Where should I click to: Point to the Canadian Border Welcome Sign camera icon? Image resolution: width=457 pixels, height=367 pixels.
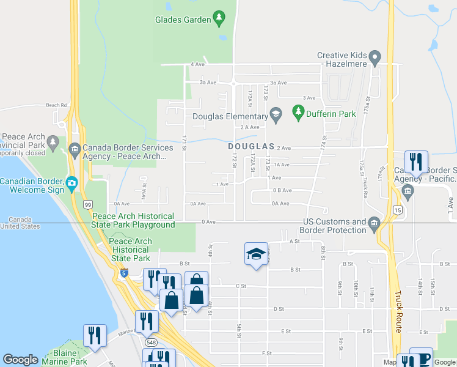[x=72, y=182]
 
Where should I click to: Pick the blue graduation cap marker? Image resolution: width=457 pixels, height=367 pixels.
[x=256, y=254]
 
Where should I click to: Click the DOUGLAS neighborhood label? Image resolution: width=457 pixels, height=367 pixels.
[x=251, y=147]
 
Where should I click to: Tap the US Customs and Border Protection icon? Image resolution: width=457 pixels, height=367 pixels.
[x=373, y=225]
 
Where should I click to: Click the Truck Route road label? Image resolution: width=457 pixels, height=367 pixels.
[x=398, y=311]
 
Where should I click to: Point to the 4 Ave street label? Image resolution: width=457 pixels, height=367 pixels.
[x=197, y=64]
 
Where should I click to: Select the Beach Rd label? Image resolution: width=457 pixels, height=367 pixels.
[x=56, y=105]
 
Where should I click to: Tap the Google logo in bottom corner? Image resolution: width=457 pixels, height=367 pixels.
[x=20, y=360]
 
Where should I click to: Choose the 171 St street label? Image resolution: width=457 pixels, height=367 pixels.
[x=183, y=142]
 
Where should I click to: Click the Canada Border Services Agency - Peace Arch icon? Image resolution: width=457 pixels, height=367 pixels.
[x=75, y=148]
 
